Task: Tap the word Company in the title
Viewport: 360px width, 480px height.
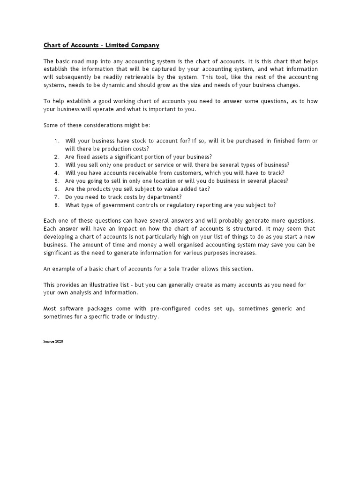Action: point(145,45)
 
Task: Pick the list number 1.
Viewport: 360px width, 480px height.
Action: point(56,141)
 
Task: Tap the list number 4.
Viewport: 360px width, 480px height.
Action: point(56,173)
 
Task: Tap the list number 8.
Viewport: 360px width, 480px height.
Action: point(56,205)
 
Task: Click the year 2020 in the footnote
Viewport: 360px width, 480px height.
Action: point(59,341)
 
